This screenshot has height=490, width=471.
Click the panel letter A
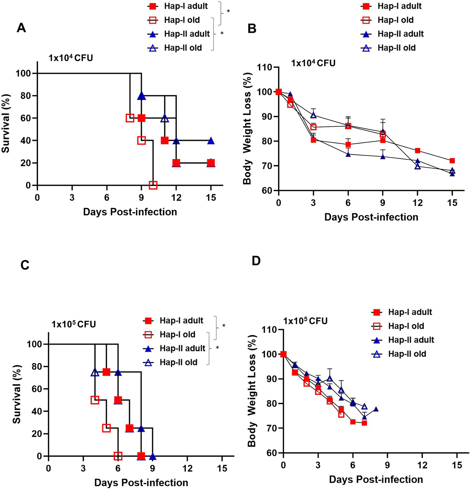(x=21, y=28)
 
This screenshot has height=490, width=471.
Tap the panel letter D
(x=256, y=261)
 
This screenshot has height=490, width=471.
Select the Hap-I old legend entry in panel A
(x=182, y=20)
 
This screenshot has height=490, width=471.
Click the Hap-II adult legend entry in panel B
(x=400, y=34)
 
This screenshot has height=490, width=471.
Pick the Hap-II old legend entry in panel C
(x=178, y=362)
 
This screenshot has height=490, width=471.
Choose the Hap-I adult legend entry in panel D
(x=410, y=312)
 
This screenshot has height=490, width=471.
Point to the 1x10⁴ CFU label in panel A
(x=71, y=58)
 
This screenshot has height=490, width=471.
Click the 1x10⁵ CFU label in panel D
(x=305, y=321)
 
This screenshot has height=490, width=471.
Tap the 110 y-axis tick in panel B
(x=266, y=67)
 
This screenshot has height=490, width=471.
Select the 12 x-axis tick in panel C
(x=187, y=469)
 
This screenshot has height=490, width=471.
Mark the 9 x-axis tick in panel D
(x=388, y=465)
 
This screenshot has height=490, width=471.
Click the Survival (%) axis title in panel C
(x=17, y=394)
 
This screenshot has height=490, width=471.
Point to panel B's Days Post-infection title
(x=371, y=217)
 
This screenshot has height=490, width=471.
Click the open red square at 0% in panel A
(x=153, y=185)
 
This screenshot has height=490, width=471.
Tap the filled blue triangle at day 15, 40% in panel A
(x=211, y=141)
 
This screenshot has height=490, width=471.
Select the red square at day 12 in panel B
(x=418, y=151)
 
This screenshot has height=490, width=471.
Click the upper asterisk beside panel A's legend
(x=228, y=11)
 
